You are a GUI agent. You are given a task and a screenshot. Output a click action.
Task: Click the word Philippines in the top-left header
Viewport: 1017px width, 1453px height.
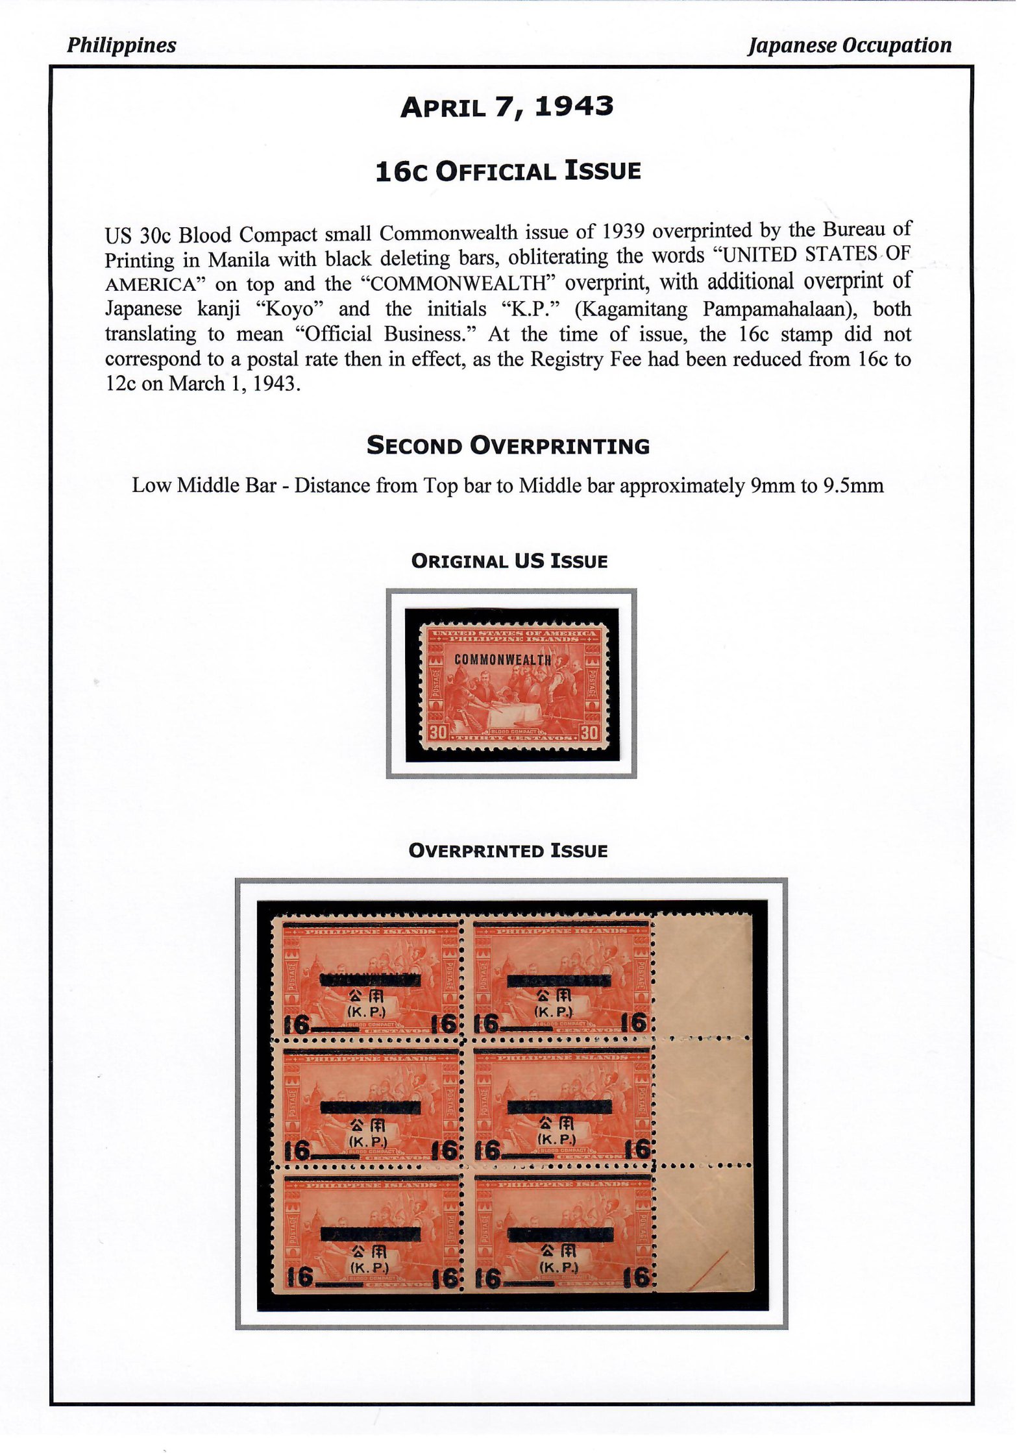[121, 45]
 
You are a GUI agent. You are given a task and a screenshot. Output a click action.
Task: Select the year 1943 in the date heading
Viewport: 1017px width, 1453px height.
[574, 107]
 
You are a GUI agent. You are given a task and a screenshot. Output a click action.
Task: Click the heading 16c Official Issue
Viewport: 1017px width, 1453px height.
[508, 171]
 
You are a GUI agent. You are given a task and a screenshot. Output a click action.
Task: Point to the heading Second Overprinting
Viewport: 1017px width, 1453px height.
[508, 446]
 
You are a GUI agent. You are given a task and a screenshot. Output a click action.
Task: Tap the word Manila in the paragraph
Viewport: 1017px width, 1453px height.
[238, 260]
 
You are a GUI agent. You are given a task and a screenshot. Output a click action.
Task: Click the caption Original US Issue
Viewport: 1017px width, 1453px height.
[509, 561]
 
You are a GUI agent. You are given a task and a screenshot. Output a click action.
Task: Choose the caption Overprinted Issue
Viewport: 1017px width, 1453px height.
[508, 851]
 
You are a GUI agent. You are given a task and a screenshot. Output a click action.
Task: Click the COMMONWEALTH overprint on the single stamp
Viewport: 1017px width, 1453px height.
[503, 660]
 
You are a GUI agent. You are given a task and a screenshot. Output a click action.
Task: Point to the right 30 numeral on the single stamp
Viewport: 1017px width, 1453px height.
[589, 733]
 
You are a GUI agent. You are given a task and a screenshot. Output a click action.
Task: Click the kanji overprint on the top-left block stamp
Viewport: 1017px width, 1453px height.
[368, 996]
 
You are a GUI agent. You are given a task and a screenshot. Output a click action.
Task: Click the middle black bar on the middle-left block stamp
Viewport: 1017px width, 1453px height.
[371, 1106]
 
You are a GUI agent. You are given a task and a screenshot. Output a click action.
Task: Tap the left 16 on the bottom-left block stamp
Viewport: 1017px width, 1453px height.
[300, 1277]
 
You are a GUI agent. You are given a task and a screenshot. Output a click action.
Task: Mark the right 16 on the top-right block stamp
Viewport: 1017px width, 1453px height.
[635, 1023]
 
